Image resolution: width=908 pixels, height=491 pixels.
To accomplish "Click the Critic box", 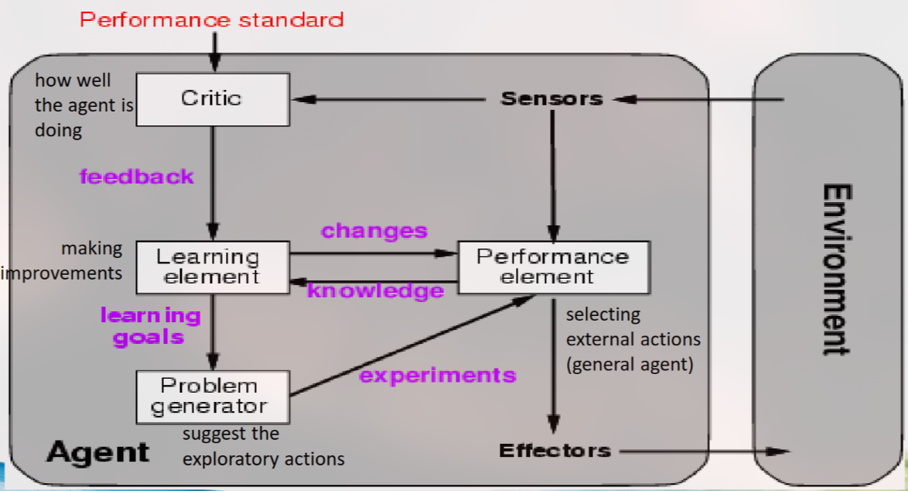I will pyautogui.click(x=213, y=99).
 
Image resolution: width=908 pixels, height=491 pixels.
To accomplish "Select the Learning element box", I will pyautogui.click(x=213, y=266).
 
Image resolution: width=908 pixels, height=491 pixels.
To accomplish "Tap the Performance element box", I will pyautogui.click(x=553, y=266).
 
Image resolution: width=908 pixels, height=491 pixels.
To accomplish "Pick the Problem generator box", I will pyautogui.click(x=213, y=396).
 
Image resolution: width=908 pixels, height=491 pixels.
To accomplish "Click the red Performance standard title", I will pyautogui.click(x=212, y=19).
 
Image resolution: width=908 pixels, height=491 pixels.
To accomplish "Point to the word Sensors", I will pyautogui.click(x=551, y=99).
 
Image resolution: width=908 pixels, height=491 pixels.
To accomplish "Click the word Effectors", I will pyautogui.click(x=555, y=451).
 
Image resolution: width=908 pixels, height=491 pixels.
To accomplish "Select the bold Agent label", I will pyautogui.click(x=97, y=452).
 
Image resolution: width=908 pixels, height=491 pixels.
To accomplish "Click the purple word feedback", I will pyautogui.click(x=136, y=177).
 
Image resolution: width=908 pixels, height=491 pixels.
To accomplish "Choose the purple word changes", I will pyautogui.click(x=374, y=231).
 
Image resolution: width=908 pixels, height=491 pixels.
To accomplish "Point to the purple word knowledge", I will pyautogui.click(x=376, y=291).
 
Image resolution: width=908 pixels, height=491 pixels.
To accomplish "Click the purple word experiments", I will pyautogui.click(x=438, y=376).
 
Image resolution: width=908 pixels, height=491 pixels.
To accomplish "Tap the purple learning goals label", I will pyautogui.click(x=149, y=326).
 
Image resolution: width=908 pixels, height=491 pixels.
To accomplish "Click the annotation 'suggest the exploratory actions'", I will pyautogui.click(x=263, y=447).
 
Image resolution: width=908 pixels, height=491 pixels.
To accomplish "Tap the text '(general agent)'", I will pyautogui.click(x=630, y=364).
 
